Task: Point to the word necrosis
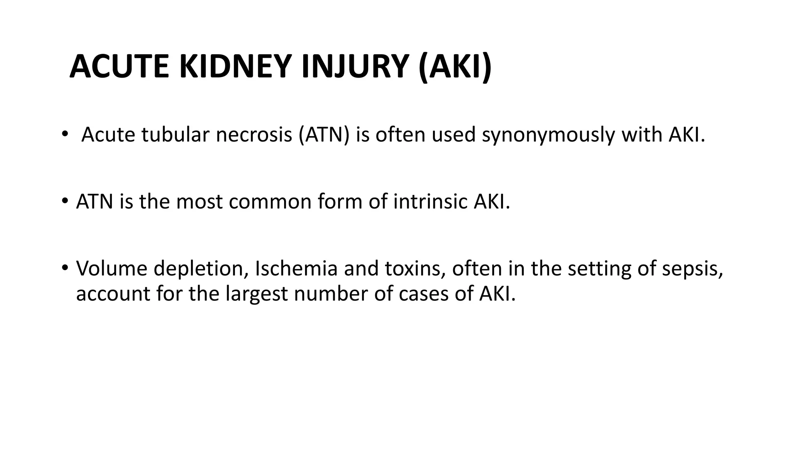point(254,135)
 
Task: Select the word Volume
point(111,269)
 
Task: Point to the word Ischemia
point(296,269)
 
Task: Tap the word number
point(331,293)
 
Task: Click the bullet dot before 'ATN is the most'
point(64,202)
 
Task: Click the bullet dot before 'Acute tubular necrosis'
point(64,134)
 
